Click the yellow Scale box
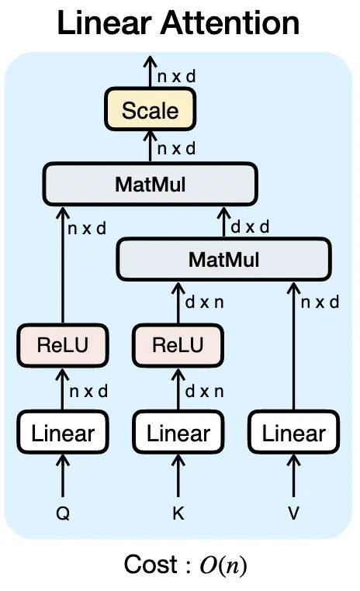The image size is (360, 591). click(150, 109)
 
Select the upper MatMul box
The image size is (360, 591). click(150, 185)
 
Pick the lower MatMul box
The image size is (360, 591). click(224, 259)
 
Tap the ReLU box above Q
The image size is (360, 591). click(63, 345)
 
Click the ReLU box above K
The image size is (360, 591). click(178, 345)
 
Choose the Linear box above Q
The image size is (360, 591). click(63, 432)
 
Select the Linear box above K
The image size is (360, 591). click(178, 432)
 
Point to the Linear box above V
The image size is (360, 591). click(293, 432)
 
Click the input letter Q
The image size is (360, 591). click(63, 513)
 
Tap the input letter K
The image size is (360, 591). click(178, 513)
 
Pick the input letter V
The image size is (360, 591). click(293, 513)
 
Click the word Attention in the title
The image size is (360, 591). click(230, 22)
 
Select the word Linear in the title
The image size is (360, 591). click(105, 22)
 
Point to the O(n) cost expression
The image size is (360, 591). click(223, 565)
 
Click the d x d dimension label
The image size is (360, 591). click(250, 227)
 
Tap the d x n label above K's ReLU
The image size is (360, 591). click(204, 302)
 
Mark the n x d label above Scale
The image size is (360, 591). click(176, 77)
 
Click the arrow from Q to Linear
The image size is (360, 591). click(63, 475)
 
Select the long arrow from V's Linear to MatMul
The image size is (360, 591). click(293, 346)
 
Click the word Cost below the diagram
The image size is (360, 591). click(151, 565)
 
